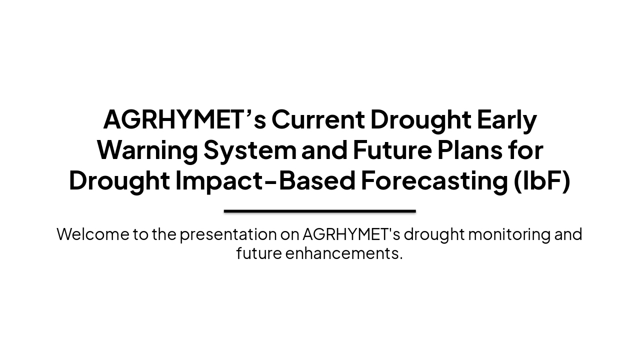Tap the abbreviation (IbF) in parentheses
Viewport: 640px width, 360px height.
(542, 180)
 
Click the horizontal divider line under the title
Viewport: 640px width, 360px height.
(320, 211)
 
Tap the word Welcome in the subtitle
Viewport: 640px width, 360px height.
(93, 234)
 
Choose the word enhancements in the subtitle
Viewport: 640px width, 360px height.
(344, 253)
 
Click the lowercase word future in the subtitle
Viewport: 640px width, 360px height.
(258, 253)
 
